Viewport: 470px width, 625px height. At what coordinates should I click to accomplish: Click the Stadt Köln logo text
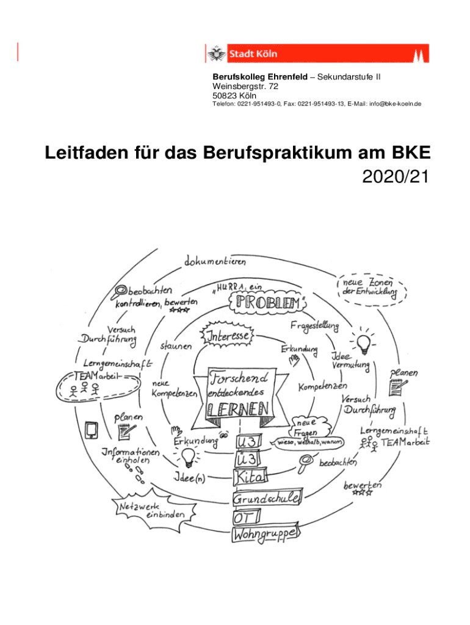(253, 54)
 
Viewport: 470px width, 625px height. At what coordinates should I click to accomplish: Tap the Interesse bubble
(228, 337)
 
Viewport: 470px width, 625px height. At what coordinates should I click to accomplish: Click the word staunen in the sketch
(175, 346)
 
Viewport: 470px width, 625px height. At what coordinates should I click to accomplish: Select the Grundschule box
(266, 498)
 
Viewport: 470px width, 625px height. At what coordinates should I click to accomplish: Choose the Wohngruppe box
(264, 535)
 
